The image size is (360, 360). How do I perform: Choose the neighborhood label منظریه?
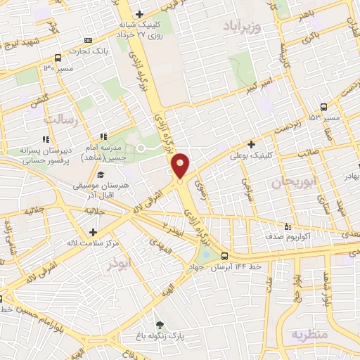[309, 334]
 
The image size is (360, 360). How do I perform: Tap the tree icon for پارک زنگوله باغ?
[160, 324]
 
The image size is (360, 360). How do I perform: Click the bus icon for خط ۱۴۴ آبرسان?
[224, 256]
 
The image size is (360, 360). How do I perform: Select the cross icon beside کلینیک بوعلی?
[251, 144]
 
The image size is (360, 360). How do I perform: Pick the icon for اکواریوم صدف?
[287, 226]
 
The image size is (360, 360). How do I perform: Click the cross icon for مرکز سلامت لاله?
[93, 231]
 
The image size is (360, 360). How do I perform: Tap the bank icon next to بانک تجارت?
[87, 40]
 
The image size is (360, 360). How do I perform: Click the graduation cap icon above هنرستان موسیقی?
[101, 175]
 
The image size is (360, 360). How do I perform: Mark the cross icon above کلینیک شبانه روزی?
[139, 14]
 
